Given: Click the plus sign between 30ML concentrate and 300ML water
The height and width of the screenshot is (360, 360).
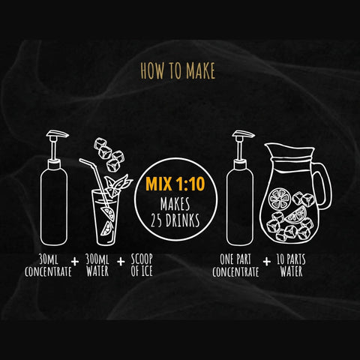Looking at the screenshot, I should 75,266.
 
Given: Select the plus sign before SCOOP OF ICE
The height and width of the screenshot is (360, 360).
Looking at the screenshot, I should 120,266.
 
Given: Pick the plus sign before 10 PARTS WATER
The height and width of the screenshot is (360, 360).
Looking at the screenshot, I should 268,266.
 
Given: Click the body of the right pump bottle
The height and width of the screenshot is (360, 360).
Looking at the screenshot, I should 240,210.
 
